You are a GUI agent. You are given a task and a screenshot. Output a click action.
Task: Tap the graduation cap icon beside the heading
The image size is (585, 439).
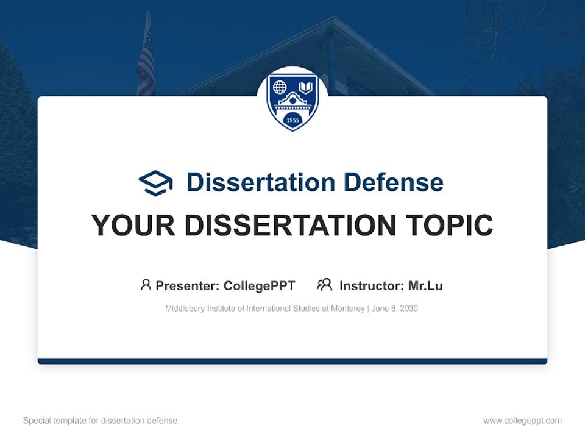click(x=155, y=183)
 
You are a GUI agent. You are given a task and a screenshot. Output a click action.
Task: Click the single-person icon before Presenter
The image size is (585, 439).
click(x=146, y=285)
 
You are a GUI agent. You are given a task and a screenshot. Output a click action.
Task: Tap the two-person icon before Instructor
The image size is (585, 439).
click(x=325, y=285)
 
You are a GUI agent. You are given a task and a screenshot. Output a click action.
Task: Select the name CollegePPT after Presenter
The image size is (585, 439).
click(x=259, y=286)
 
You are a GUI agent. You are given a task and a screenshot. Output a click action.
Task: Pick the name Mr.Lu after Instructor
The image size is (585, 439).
click(x=425, y=286)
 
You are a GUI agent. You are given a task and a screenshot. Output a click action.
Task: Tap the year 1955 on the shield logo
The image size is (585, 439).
click(x=292, y=120)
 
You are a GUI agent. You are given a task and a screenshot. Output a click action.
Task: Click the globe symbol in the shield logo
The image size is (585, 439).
click(x=280, y=87)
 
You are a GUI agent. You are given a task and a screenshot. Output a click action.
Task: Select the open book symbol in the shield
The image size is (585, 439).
click(x=305, y=87)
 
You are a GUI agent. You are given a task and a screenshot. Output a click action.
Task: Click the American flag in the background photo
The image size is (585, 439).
click(x=146, y=64)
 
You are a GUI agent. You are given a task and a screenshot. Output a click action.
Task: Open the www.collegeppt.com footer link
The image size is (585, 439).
click(x=522, y=421)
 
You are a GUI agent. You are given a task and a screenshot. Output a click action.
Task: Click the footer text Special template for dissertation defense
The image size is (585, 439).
click(x=101, y=421)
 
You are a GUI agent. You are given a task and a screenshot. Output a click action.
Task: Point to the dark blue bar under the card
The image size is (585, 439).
click(x=292, y=361)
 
